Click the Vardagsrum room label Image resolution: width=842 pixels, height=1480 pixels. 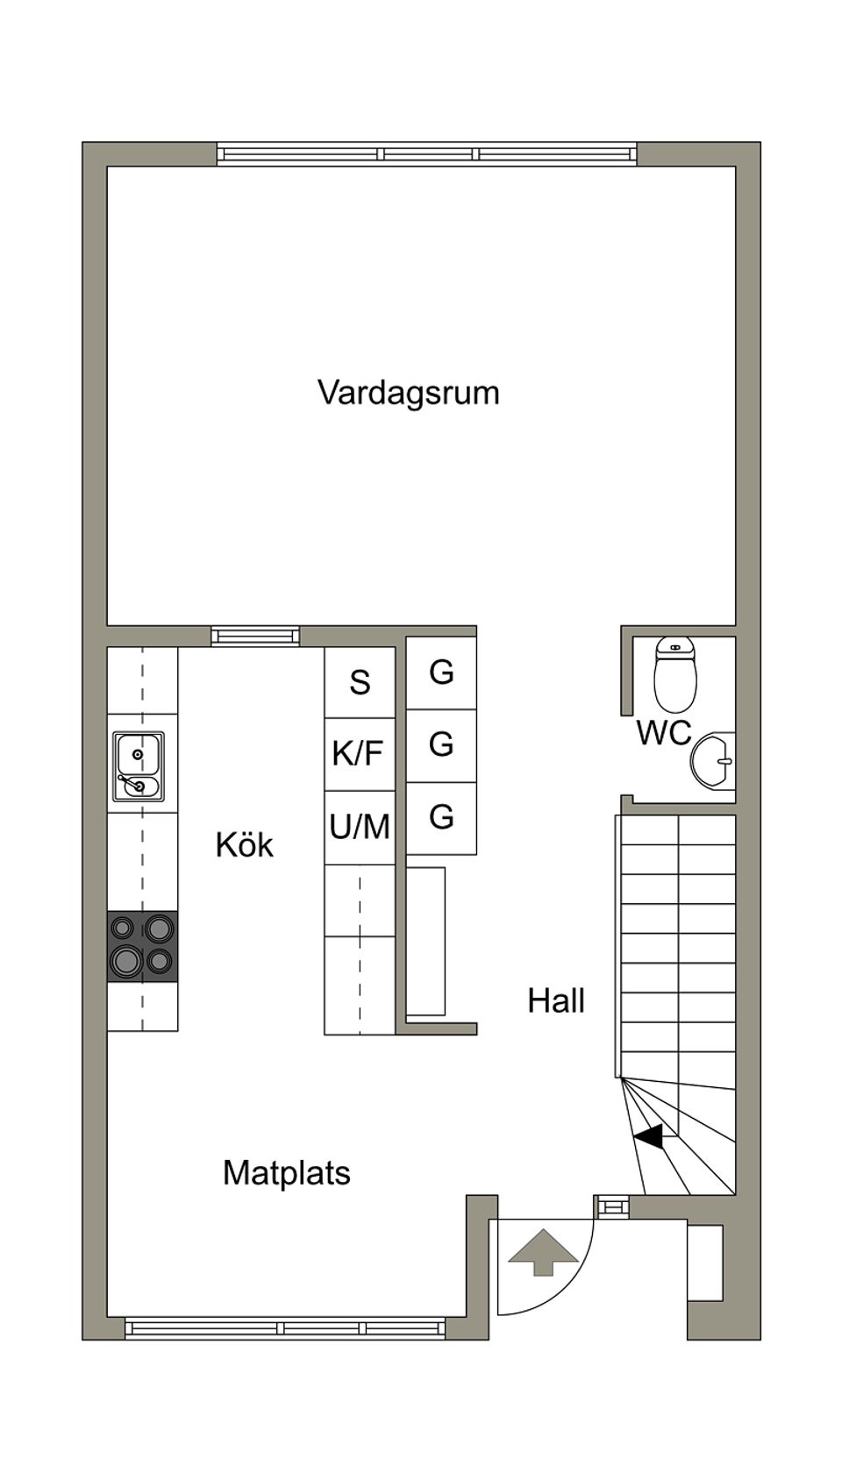408,392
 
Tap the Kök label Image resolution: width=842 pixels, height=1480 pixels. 244,845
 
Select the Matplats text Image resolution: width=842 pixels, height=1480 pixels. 286,1172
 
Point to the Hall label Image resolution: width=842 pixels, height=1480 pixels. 555,1000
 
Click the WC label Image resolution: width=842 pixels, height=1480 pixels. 663,733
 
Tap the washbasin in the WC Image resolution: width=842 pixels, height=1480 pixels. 715,760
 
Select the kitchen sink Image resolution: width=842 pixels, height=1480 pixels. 138,766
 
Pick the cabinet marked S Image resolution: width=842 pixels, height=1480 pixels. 360,682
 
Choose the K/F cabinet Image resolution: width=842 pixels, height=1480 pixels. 358,753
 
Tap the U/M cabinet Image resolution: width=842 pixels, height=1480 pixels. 360,827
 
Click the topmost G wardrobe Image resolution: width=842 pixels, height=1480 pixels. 441,672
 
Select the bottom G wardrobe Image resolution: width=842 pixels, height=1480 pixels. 441,817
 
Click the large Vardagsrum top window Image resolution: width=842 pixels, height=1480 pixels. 427,154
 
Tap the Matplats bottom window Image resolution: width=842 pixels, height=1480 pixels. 285,1328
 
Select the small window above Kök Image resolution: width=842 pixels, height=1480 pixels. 254,637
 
